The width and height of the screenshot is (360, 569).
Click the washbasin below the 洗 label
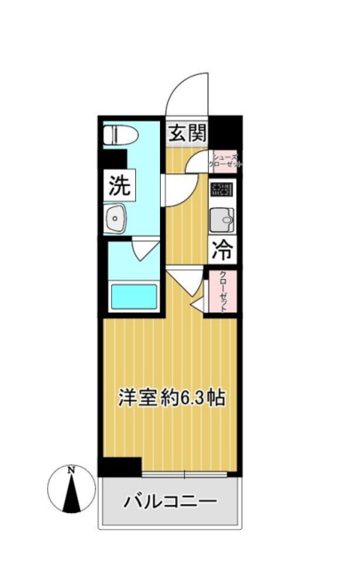[117, 219]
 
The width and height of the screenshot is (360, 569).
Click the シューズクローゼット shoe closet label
[223, 160]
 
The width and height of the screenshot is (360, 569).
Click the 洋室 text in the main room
[133, 399]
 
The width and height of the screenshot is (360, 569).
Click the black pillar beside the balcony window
[120, 466]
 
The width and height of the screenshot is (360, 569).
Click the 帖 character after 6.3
[215, 399]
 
